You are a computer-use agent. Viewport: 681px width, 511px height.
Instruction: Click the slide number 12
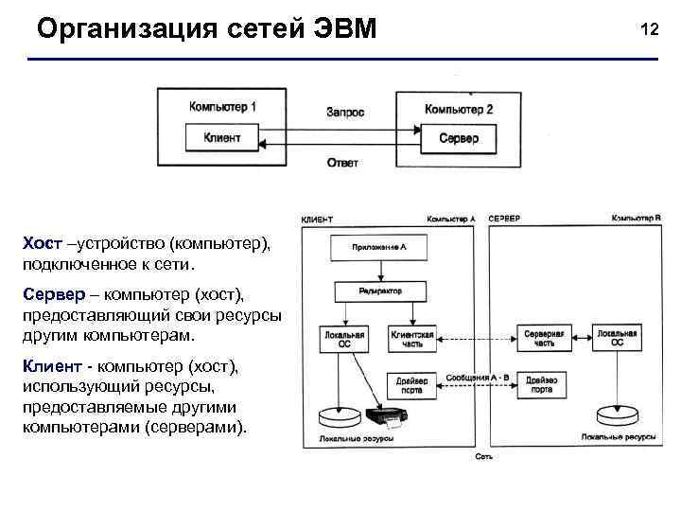(x=649, y=29)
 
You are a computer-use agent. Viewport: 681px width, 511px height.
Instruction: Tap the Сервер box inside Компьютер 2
(x=459, y=138)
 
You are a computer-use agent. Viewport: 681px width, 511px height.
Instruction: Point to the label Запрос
(x=345, y=112)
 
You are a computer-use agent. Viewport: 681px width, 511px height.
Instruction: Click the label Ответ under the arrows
(x=342, y=163)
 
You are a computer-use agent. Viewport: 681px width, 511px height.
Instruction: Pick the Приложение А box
(x=378, y=248)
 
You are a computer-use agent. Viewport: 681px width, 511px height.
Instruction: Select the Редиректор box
(x=380, y=291)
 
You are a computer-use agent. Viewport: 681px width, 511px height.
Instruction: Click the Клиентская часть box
(x=411, y=338)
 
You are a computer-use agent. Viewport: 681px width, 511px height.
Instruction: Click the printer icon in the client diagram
(x=391, y=417)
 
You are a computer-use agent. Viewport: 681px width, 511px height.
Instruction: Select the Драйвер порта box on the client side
(x=411, y=385)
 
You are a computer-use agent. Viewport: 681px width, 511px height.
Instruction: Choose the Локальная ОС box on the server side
(x=617, y=338)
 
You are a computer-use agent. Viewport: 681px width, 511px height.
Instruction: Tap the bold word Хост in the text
(x=44, y=244)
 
